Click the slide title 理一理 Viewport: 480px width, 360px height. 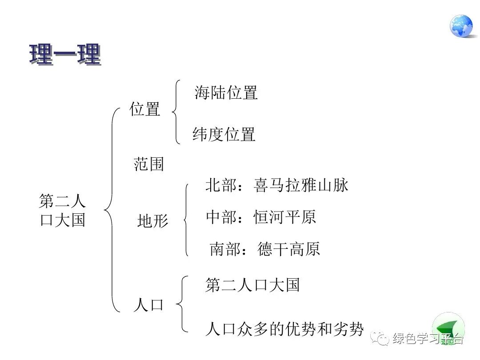click(65, 55)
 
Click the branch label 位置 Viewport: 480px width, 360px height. click(145, 109)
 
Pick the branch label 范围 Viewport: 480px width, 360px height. click(149, 164)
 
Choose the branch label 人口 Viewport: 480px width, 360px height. click(148, 305)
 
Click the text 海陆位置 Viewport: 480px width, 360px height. click(226, 93)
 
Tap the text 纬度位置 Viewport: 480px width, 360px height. click(224, 134)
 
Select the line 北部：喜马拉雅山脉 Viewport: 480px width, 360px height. click(277, 185)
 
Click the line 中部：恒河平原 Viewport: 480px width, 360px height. click(261, 217)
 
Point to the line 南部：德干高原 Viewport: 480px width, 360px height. click(264, 249)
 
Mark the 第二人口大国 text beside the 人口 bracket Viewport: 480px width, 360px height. click(252, 285)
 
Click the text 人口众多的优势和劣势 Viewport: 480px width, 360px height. click(284, 329)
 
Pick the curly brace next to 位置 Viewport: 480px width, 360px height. click(176, 112)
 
